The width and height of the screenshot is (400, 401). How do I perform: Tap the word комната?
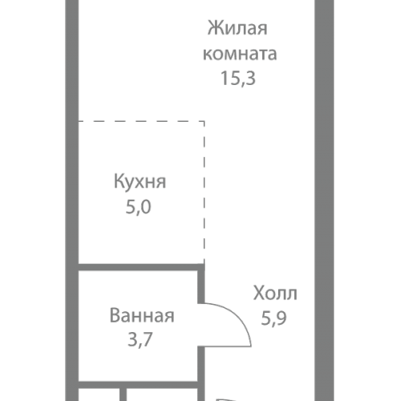pyautogui.click(x=240, y=55)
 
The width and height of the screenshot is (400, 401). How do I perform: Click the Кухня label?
pyautogui.click(x=139, y=181)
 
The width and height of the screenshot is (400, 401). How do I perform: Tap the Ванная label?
pyautogui.click(x=141, y=315)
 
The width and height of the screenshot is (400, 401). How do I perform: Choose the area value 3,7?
pyautogui.click(x=140, y=339)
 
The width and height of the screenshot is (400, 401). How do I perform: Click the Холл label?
pyautogui.click(x=275, y=292)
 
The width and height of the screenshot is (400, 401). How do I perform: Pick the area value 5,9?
pyautogui.click(x=273, y=316)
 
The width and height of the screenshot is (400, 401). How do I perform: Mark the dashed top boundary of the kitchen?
pyautogui.click(x=140, y=122)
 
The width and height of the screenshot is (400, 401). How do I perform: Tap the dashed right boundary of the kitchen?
pyautogui.click(x=204, y=192)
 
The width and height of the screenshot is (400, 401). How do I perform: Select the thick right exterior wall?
pyautogui.click(x=324, y=160)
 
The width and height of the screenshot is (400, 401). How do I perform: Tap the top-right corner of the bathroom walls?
pyautogui.click(x=201, y=268)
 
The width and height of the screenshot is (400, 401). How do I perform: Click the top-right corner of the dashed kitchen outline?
pyautogui.click(x=204, y=122)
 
